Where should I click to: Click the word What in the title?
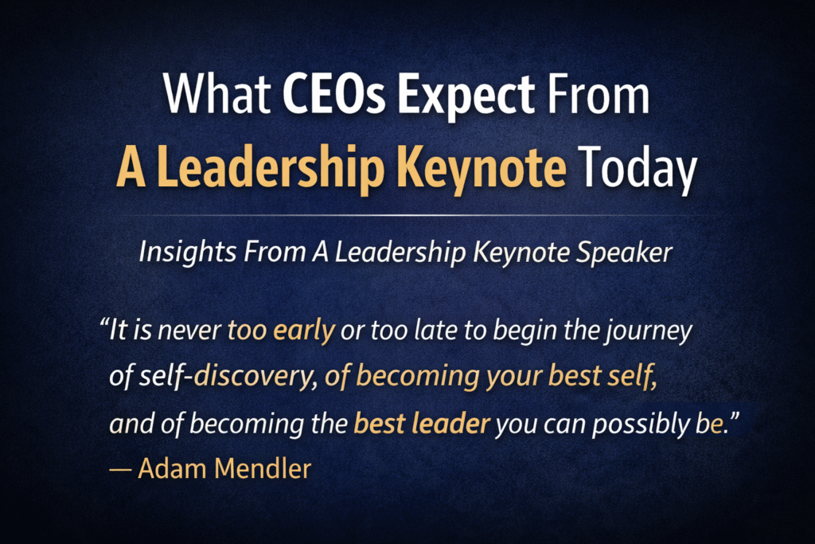pyautogui.click(x=216, y=95)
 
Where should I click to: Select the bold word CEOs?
pyautogui.click(x=333, y=95)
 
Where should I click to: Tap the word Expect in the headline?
pyautogui.click(x=466, y=98)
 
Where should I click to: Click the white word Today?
pyautogui.click(x=638, y=167)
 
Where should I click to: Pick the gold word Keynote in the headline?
pyautogui.click(x=482, y=167)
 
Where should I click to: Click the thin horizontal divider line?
pyautogui.click(x=407, y=215)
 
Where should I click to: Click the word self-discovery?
pyautogui.click(x=228, y=377)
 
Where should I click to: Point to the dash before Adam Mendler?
pyautogui.click(x=120, y=470)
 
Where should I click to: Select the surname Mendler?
pyautogui.click(x=263, y=468)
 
